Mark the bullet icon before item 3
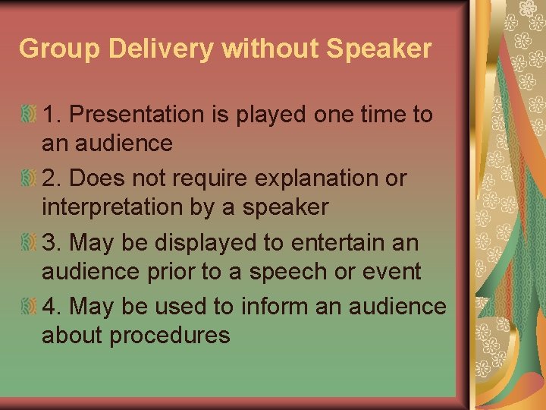click(29, 244)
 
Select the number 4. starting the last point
click(52, 307)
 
